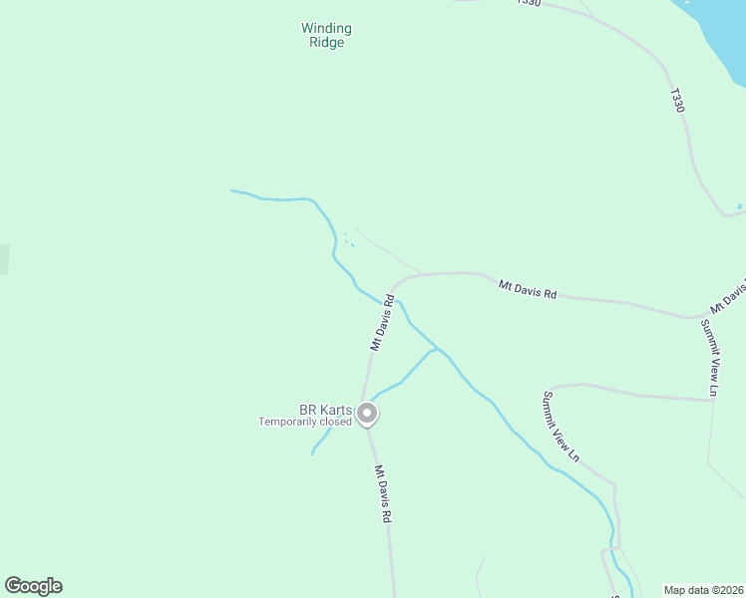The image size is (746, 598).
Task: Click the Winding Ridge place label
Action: [326, 36]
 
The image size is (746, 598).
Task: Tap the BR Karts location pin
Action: [367, 413]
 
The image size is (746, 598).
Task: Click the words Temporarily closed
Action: [305, 422]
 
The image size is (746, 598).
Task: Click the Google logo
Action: [33, 586]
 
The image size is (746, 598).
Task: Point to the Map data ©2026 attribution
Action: [703, 590]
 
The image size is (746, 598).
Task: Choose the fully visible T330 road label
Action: [678, 101]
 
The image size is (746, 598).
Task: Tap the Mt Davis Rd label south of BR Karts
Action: [383, 494]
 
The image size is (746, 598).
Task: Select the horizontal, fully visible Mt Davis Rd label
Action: [528, 290]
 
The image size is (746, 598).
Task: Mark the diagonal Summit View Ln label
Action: [560, 427]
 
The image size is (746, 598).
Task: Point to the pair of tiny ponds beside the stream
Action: [348, 240]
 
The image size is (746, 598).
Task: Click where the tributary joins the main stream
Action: [436, 351]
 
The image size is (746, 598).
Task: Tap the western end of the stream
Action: [232, 190]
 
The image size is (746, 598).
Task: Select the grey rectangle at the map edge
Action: [3, 259]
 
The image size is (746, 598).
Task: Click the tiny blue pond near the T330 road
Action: [739, 206]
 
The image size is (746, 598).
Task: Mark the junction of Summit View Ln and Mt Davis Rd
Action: [693, 318]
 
